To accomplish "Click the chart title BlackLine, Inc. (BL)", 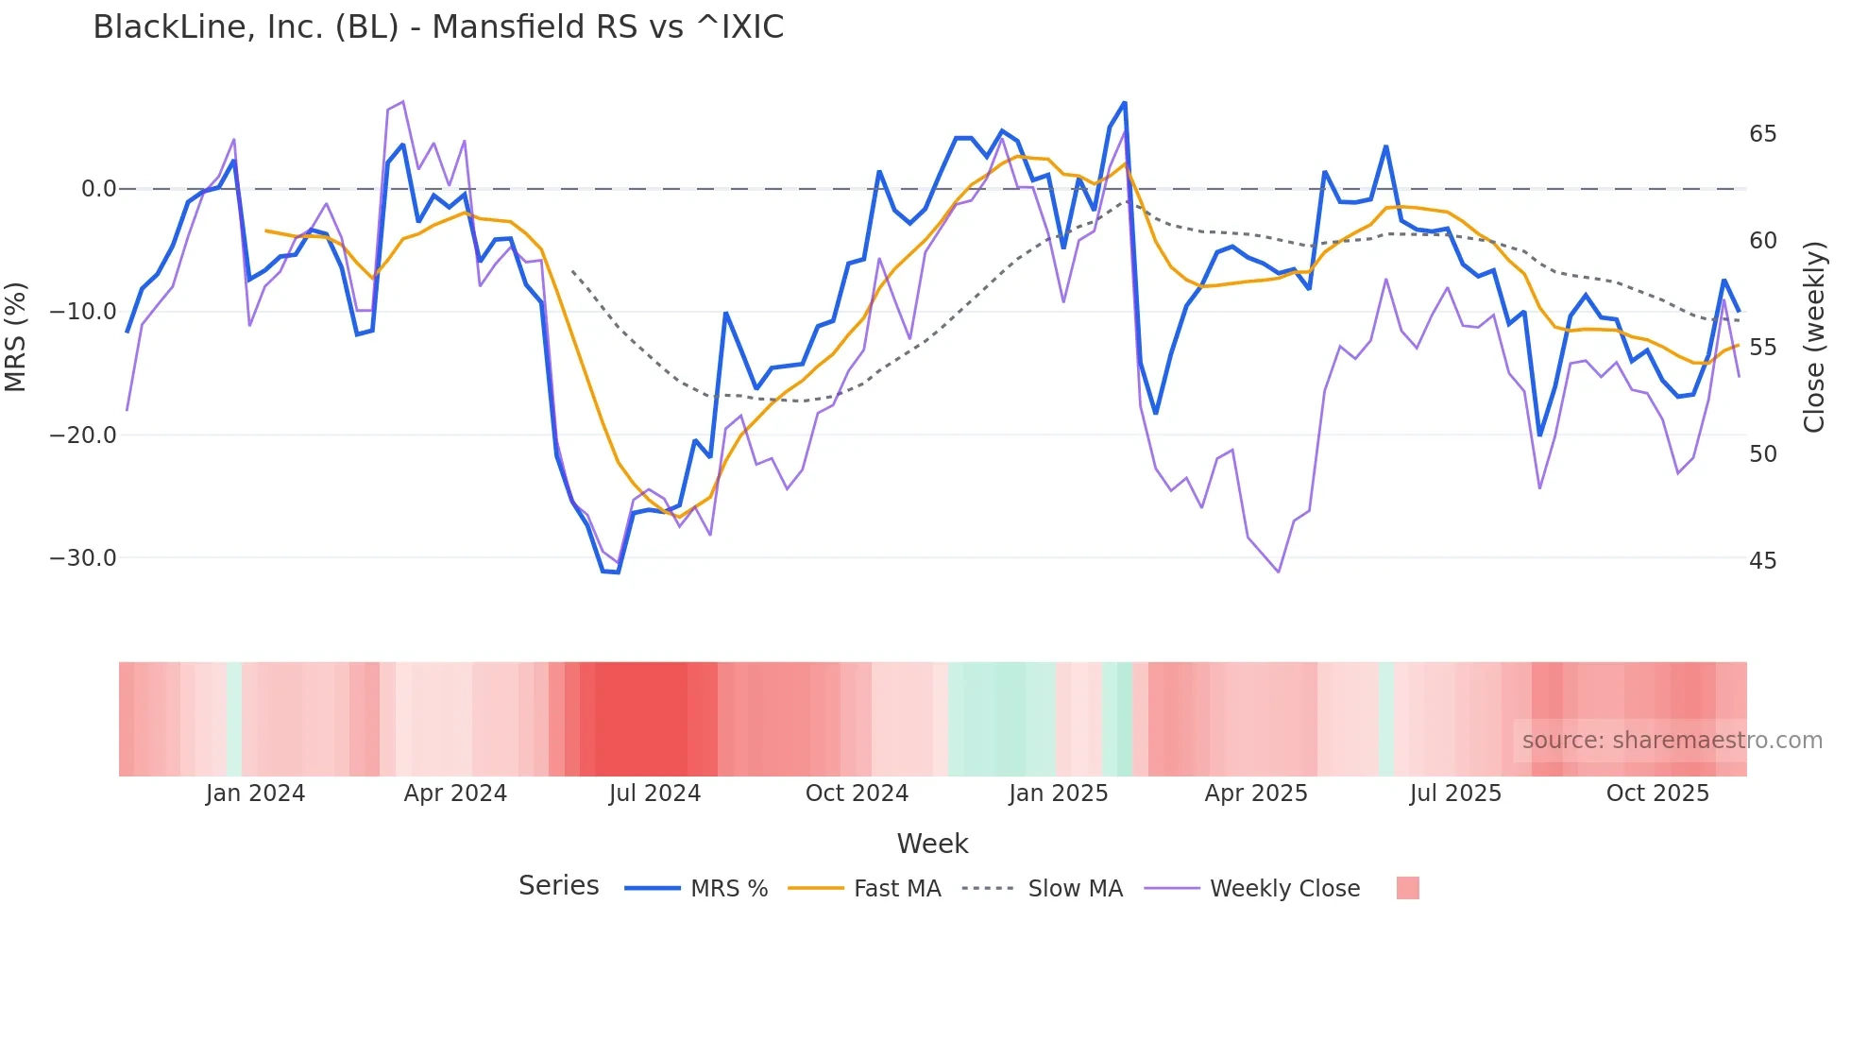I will pyautogui.click(x=438, y=27).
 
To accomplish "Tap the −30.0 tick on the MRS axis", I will pyautogui.click(x=83, y=558).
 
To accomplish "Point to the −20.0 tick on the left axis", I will pyautogui.click(x=83, y=435).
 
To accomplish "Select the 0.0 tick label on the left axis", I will pyautogui.click(x=98, y=189).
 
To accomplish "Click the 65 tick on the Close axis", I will pyautogui.click(x=1762, y=134).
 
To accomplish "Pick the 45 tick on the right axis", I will pyautogui.click(x=1762, y=561).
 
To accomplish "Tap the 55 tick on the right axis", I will pyautogui.click(x=1762, y=348).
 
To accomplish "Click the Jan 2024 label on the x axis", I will pyautogui.click(x=255, y=794).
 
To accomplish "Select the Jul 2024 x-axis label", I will pyautogui.click(x=654, y=794).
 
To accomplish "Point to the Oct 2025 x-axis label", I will pyautogui.click(x=1657, y=794).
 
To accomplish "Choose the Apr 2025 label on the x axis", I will pyautogui.click(x=1256, y=794).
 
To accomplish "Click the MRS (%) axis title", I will pyautogui.click(x=16, y=336).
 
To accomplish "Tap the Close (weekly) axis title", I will pyautogui.click(x=1814, y=337).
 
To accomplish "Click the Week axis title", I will pyautogui.click(x=932, y=844).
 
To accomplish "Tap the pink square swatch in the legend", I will pyautogui.click(x=1407, y=888).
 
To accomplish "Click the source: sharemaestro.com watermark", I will pyautogui.click(x=1672, y=741).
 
